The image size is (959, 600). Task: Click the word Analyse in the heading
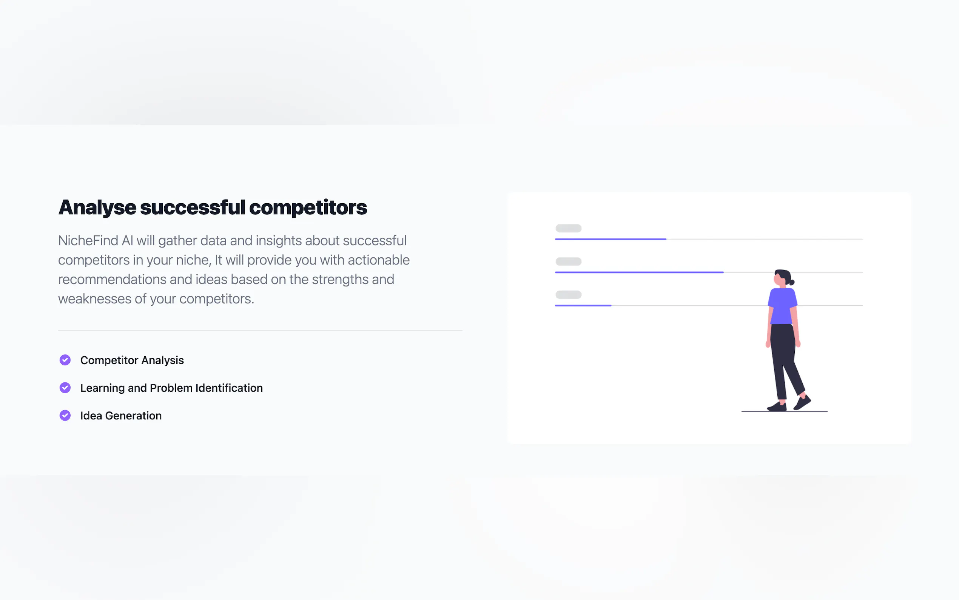pyautogui.click(x=97, y=208)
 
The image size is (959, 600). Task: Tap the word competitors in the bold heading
pyautogui.click(x=308, y=207)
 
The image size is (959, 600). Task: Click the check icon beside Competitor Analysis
pyautogui.click(x=65, y=360)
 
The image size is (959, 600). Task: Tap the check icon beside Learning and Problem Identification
pyautogui.click(x=65, y=388)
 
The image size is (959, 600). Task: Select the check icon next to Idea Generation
pyautogui.click(x=65, y=416)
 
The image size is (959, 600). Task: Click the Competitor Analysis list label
pyautogui.click(x=132, y=360)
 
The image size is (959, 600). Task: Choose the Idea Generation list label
pyautogui.click(x=121, y=416)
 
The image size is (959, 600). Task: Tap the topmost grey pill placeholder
pyautogui.click(x=569, y=228)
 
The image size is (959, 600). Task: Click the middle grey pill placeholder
pyautogui.click(x=569, y=261)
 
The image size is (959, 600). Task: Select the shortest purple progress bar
pyautogui.click(x=583, y=306)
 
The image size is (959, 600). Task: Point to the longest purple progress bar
pyautogui.click(x=640, y=272)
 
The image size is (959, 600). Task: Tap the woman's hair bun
pyautogui.click(x=792, y=283)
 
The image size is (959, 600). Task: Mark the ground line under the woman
pyautogui.click(x=784, y=411)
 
